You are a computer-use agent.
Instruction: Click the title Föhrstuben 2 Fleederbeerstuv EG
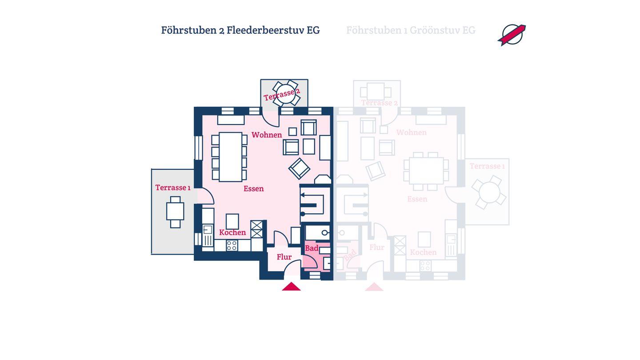pos(240,30)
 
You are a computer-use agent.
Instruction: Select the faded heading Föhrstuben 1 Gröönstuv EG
pos(411,30)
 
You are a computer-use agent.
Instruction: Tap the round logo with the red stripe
pos(512,35)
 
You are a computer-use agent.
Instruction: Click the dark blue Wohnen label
pos(267,135)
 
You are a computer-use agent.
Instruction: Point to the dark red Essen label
pos(254,188)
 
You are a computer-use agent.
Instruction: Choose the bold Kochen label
pos(232,232)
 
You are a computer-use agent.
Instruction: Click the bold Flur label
pos(284,257)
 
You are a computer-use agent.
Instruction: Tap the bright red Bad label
pos(312,248)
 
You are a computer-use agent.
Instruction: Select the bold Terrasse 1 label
pos(173,188)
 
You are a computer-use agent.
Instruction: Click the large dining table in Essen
pos(230,157)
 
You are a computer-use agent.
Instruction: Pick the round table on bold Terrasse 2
pos(285,93)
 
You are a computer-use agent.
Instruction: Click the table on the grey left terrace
pos(175,212)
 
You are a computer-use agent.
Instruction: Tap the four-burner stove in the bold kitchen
pos(232,245)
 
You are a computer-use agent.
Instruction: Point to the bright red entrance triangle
pos(291,287)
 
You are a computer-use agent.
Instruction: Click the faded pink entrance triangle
pos(374,287)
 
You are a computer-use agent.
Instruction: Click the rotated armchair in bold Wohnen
pos(299,168)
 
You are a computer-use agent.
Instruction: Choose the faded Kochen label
pos(423,252)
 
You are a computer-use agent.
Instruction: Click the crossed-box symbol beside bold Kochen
pos(256,229)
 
